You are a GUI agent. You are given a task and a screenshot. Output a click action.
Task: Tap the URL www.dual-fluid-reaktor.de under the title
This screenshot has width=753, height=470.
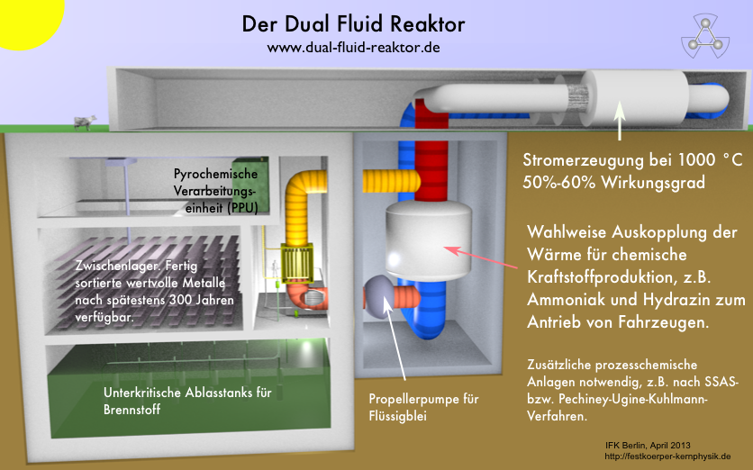[x=353, y=46]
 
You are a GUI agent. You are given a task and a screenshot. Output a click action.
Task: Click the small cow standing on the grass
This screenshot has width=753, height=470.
[x=85, y=122]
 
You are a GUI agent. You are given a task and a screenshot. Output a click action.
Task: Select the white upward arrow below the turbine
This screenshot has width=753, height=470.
[x=619, y=121]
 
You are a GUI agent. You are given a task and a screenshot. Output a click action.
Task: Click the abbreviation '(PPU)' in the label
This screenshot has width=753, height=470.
[x=232, y=207]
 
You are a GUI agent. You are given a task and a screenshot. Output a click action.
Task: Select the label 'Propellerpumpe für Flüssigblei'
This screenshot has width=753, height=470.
[x=423, y=407]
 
